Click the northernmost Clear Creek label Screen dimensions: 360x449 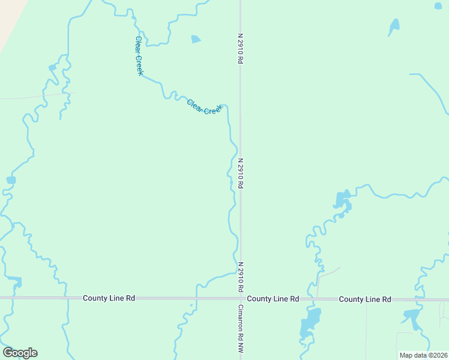click(x=139, y=56)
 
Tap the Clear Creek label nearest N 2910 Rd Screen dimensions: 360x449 click(x=205, y=107)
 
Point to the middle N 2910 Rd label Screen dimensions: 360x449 click(x=240, y=173)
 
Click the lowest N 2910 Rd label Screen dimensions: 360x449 click(x=240, y=277)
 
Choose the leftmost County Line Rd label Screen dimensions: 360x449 click(x=109, y=298)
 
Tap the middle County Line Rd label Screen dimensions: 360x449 click(x=273, y=298)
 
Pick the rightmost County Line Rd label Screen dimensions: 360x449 click(x=364, y=299)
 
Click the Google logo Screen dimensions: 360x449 click(x=20, y=353)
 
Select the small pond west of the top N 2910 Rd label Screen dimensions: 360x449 click(x=196, y=40)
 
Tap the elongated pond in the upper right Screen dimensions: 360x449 click(x=394, y=26)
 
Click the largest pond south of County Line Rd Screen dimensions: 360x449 click(x=309, y=322)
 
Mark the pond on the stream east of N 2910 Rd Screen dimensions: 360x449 click(x=342, y=200)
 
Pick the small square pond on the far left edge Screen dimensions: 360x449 click(x=11, y=180)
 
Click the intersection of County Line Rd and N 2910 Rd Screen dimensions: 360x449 click(x=241, y=298)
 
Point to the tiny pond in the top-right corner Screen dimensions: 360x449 click(x=438, y=6)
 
